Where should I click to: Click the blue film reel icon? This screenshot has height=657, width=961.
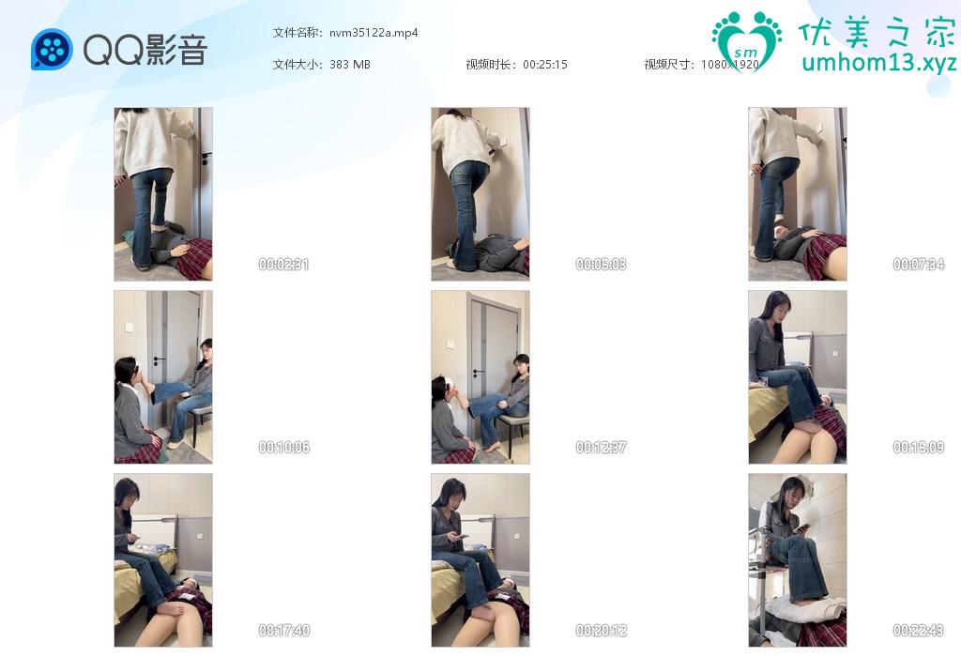(52, 49)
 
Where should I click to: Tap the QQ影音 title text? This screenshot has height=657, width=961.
(145, 49)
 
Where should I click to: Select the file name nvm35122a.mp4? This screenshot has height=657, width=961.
(374, 33)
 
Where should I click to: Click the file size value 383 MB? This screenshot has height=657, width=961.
(349, 65)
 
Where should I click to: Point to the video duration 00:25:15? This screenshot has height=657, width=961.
(545, 65)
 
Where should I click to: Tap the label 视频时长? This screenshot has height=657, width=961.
(490, 65)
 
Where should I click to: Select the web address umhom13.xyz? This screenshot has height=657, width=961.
(878, 63)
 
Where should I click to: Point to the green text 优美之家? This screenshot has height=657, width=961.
(877, 32)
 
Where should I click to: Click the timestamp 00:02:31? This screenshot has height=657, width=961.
(283, 264)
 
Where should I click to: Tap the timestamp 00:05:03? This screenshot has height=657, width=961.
(601, 264)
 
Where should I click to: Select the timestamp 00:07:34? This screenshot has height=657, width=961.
(918, 264)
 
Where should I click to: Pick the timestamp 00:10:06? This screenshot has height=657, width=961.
(283, 448)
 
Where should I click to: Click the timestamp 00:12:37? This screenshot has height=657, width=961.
(601, 448)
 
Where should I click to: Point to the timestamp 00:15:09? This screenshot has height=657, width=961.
(918, 448)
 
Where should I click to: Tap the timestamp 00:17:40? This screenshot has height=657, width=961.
(283, 630)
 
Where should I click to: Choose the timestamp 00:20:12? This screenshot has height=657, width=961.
(601, 630)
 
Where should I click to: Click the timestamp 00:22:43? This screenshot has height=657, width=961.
(918, 630)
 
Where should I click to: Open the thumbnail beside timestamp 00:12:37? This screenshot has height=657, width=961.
(480, 377)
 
